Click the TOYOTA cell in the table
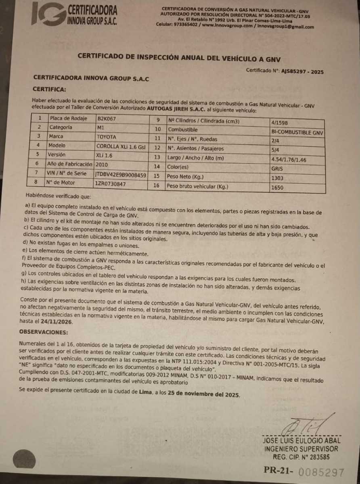[x=106, y=136]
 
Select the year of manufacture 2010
[x=101, y=164]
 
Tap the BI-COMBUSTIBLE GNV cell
[x=297, y=132]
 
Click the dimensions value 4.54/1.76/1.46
[x=289, y=160]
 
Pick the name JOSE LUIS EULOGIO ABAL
[x=301, y=440]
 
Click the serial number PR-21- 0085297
[x=303, y=471]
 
